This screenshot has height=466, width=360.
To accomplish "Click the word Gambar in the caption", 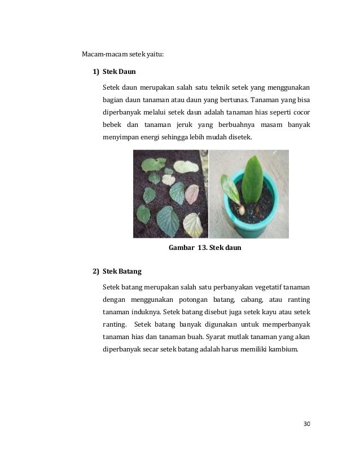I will tap(182, 247).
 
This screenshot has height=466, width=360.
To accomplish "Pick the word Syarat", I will tap(217, 336).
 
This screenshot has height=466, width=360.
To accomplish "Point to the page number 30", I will tap(307, 424).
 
